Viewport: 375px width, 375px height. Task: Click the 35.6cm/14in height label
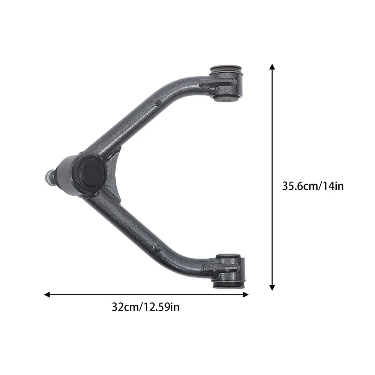click(313, 186)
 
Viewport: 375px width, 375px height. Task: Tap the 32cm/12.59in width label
click(146, 307)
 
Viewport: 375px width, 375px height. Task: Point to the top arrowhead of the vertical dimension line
click(272, 67)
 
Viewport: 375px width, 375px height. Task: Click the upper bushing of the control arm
click(227, 84)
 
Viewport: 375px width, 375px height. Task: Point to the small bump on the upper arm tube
click(157, 102)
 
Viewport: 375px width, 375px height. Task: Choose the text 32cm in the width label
click(125, 307)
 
